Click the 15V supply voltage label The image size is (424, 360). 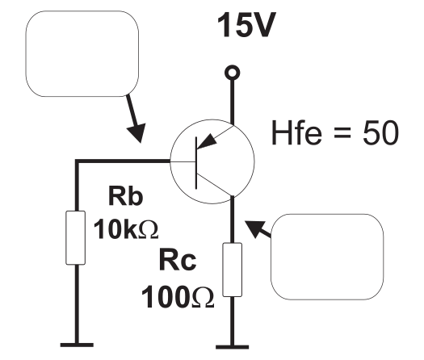(x=246, y=24)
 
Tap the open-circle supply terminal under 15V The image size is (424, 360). (x=232, y=73)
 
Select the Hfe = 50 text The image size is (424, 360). (x=335, y=132)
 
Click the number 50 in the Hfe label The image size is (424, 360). (x=380, y=132)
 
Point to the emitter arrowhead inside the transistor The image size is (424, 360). (x=207, y=141)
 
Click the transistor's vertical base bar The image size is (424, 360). (x=196, y=163)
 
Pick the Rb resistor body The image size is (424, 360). (x=76, y=237)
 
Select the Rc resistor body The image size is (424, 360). (x=233, y=270)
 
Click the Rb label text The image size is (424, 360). (x=125, y=195)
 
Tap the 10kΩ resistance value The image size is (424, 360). (x=126, y=229)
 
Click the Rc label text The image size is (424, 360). (x=178, y=260)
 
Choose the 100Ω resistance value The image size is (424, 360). (x=178, y=297)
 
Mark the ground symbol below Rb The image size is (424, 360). (x=77, y=345)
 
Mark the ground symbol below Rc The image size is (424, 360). (x=232, y=347)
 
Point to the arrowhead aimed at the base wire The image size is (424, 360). (x=137, y=132)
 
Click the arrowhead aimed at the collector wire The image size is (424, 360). (x=254, y=228)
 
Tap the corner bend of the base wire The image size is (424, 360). (x=77, y=161)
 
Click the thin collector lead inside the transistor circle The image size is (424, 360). (x=216, y=185)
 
